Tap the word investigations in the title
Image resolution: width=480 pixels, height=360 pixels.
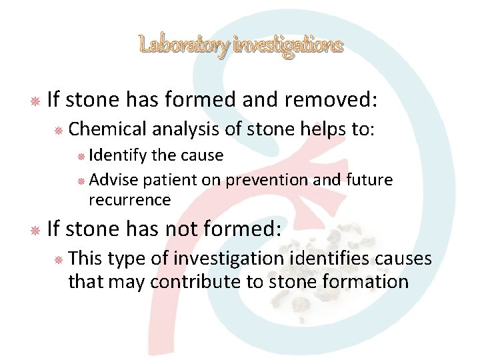click(x=289, y=45)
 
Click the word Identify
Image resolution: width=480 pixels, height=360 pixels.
click(x=119, y=155)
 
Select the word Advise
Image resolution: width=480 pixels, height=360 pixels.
click(x=111, y=180)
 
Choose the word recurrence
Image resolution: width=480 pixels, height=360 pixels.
click(x=129, y=200)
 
